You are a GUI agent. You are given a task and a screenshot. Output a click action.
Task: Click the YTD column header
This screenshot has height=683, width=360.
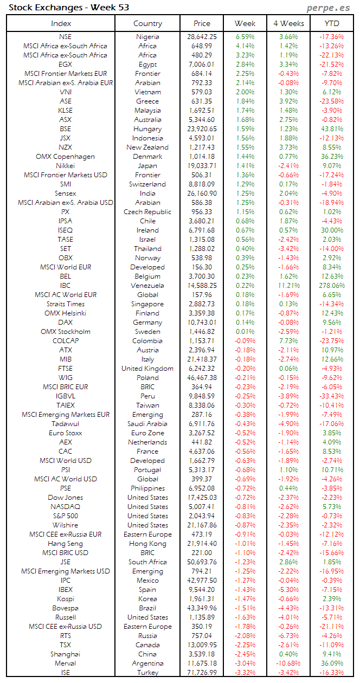(332, 23)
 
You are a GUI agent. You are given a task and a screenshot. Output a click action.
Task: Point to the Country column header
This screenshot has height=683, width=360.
(147, 23)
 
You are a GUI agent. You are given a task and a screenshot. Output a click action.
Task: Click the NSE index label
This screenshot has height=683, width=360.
(66, 37)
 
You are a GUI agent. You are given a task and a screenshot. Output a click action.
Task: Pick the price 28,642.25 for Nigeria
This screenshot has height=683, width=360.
(202, 37)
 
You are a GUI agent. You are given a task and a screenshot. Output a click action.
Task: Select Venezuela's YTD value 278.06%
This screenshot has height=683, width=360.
(332, 286)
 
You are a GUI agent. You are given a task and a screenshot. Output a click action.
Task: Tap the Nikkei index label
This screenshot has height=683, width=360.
(66, 166)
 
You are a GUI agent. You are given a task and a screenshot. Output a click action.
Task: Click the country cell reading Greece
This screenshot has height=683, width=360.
(147, 101)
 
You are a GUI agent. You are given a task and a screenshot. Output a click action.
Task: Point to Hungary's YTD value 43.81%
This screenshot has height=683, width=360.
(332, 129)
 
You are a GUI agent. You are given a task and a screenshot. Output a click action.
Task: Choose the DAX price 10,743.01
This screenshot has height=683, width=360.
(202, 323)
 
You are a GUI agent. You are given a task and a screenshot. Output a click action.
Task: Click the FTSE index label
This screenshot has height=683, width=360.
(66, 369)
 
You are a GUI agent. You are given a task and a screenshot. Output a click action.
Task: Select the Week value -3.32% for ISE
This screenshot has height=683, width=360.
(245, 673)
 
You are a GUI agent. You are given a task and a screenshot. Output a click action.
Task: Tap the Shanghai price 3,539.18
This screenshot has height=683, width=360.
(202, 654)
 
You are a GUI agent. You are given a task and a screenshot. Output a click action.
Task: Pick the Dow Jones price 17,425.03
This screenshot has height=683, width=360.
(202, 498)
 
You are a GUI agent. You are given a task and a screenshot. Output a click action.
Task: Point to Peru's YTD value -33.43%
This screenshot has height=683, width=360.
(332, 396)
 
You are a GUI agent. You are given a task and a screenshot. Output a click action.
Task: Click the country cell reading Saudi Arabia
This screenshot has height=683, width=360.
(147, 424)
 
